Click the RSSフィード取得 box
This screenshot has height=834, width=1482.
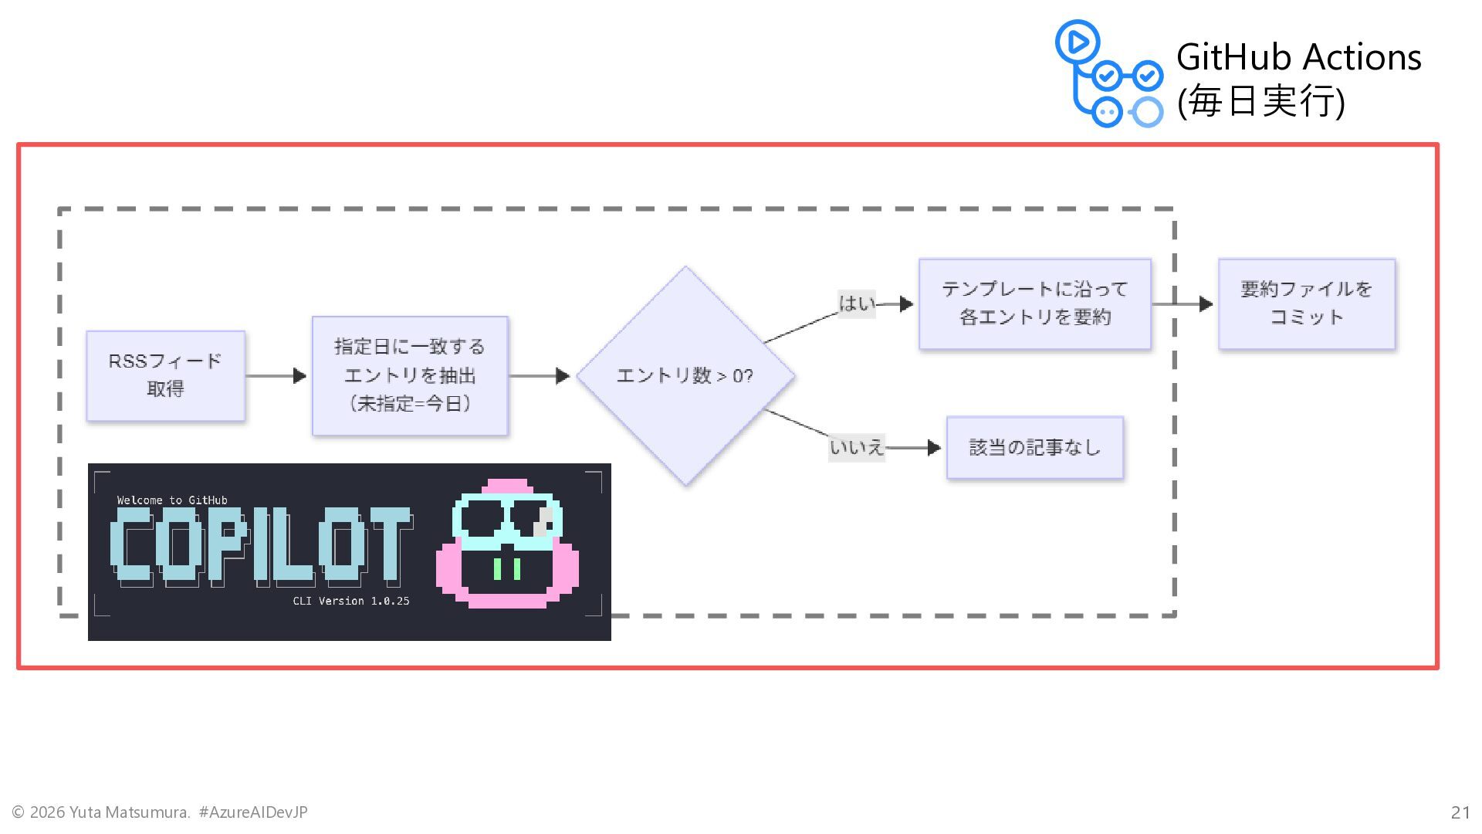tap(165, 376)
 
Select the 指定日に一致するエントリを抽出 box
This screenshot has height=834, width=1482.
tap(410, 376)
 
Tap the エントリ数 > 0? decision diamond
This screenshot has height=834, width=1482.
tap(685, 376)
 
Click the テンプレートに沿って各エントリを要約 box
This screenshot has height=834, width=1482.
tap(1034, 303)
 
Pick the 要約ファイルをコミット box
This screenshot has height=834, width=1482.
tap(1306, 303)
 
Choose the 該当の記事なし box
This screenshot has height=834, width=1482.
tap(1034, 448)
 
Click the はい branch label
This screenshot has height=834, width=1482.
tap(857, 303)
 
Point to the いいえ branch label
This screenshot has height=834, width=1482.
tap(856, 448)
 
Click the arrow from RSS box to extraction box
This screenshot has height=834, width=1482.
tap(276, 376)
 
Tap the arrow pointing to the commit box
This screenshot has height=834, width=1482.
tap(1183, 304)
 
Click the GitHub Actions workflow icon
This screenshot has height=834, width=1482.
tap(1108, 74)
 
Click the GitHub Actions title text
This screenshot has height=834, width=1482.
tap(1298, 57)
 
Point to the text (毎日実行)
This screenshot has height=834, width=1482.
tap(1260, 102)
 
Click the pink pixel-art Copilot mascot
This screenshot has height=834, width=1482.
tap(507, 544)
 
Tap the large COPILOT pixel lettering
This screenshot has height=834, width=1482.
tap(259, 545)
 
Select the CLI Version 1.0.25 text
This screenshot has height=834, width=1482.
tap(351, 601)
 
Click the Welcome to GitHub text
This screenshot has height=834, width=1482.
tap(172, 500)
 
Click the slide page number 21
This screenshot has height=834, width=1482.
tap(1460, 812)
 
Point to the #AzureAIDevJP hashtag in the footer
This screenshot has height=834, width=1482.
tap(253, 812)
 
